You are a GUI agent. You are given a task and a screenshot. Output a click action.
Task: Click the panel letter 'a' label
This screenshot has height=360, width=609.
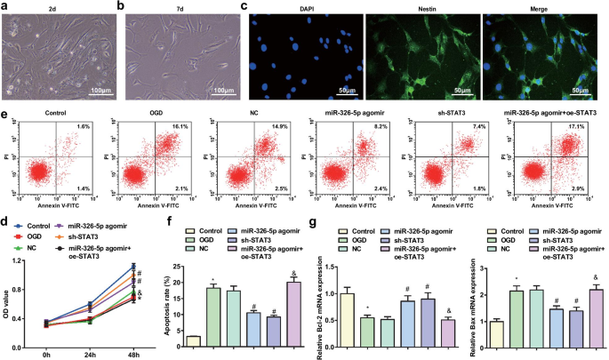[4, 6]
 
